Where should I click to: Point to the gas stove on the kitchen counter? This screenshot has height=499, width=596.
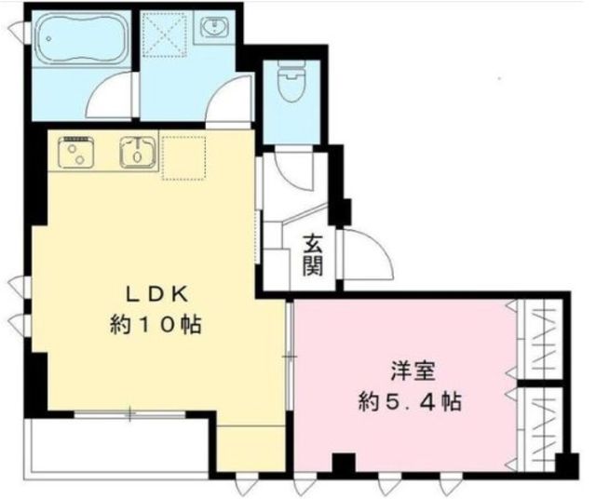click(x=74, y=151)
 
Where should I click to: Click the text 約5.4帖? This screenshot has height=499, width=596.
click(x=409, y=403)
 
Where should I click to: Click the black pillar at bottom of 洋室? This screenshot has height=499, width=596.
click(x=345, y=461)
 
